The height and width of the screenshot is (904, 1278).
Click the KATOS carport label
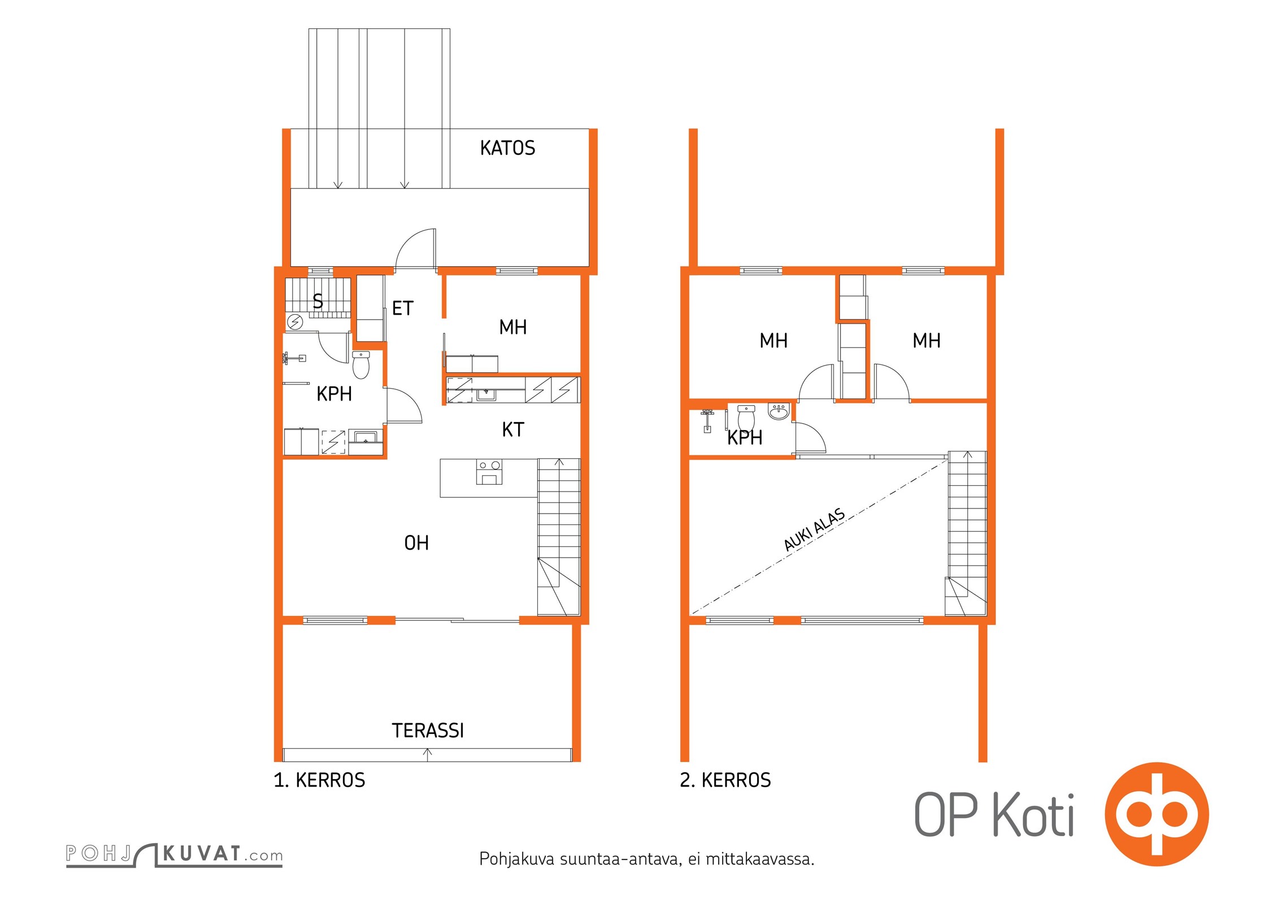coord(507,148)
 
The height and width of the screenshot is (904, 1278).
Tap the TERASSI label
coord(428,731)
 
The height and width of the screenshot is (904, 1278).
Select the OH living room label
coord(416,543)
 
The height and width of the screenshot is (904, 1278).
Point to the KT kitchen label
coord(513,430)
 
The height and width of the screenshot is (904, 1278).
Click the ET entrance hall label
coord(403,308)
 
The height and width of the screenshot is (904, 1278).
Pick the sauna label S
coord(318,301)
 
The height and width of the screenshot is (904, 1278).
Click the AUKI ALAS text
coord(814,529)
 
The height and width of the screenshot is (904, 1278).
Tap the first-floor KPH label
coord(334,394)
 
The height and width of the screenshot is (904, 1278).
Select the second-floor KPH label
coord(745,437)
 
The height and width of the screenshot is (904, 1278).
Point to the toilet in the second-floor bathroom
coord(746,418)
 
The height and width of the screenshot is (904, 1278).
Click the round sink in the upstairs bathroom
coord(779,411)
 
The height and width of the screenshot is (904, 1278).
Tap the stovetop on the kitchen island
coord(489,472)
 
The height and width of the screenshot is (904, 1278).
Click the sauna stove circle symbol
coord(295,322)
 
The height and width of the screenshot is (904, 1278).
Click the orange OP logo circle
coord(1157,814)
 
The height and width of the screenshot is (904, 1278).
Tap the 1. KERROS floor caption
coord(319,780)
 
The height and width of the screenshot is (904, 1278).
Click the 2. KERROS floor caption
coord(725,780)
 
